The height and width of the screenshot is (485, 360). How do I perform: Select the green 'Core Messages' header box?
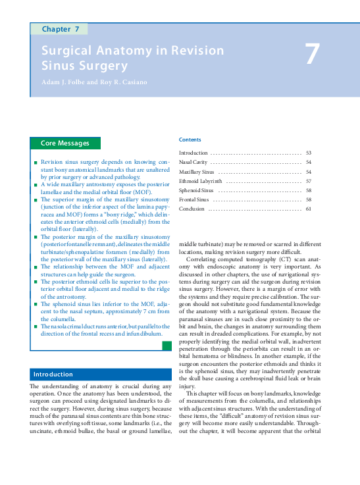[65, 143]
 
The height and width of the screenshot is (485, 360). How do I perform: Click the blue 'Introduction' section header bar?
[53, 374]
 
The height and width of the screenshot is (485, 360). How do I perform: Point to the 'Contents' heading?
[190, 140]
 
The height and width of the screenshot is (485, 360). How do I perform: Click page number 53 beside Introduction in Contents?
[308, 153]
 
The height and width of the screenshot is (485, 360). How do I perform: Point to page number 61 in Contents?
[308, 209]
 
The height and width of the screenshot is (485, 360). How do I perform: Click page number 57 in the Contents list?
[308, 180]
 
